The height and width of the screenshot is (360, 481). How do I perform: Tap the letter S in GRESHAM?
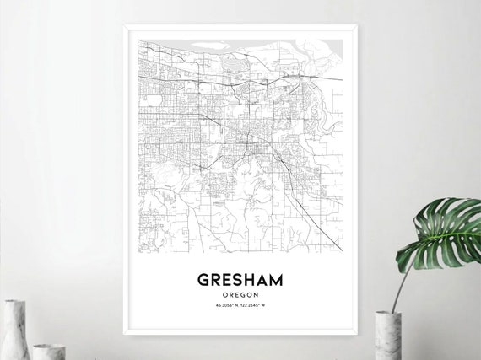click(x=239, y=279)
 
